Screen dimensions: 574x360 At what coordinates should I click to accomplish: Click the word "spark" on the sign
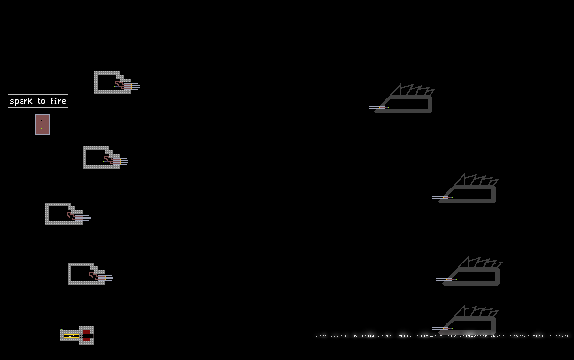(x=21, y=101)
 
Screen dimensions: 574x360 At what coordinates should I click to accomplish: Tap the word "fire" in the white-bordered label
(x=58, y=100)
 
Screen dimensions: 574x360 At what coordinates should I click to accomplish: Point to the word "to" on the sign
(x=41, y=101)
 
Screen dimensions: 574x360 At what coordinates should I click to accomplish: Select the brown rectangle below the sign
(x=42, y=125)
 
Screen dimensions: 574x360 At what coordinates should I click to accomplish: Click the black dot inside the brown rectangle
(x=41, y=120)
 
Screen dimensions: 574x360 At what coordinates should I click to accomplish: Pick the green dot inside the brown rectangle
(x=41, y=128)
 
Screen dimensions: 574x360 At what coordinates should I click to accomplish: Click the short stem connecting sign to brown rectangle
(x=38, y=110)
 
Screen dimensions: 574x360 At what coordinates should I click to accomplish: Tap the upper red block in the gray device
(x=86, y=332)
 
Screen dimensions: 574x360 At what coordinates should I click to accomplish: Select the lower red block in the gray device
(x=86, y=339)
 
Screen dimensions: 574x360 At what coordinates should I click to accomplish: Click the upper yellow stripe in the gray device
(x=71, y=334)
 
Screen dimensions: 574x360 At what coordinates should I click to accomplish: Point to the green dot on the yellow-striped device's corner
(x=61, y=330)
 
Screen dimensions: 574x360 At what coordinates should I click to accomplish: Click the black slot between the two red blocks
(x=87, y=336)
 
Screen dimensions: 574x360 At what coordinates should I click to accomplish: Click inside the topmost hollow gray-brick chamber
(x=107, y=82)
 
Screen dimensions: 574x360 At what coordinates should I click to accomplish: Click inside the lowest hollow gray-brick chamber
(x=80, y=274)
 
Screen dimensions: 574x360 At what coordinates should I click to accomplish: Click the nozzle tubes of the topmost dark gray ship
(x=376, y=107)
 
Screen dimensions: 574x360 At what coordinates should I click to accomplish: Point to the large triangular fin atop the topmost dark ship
(x=396, y=90)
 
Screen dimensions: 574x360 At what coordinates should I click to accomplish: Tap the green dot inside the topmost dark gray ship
(x=388, y=108)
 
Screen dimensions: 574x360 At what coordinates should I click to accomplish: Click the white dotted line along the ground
(x=442, y=335)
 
